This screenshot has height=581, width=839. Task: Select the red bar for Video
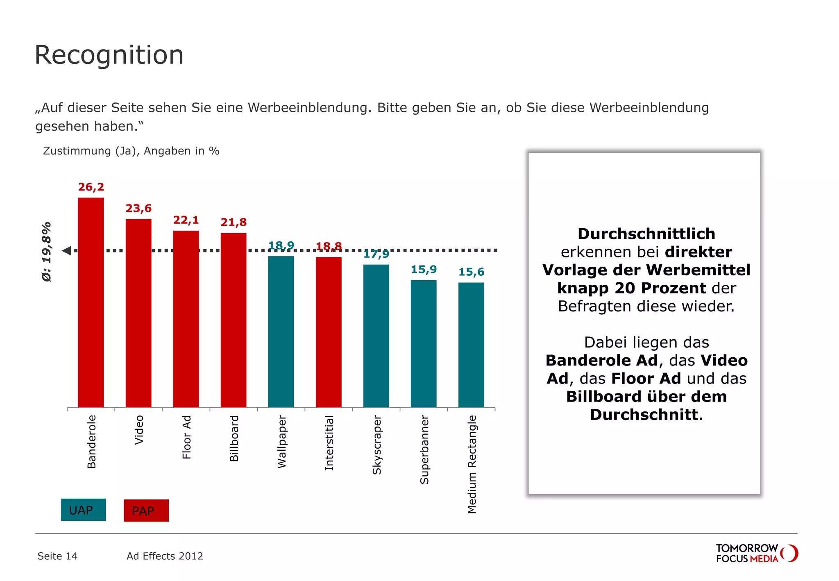pos(138,313)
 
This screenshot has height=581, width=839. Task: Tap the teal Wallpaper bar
pos(281,331)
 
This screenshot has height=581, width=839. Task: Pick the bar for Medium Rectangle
pos(471,345)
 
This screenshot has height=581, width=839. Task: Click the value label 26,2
pos(91,187)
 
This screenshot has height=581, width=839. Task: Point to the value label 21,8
pos(234,222)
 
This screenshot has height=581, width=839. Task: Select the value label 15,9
pos(424,270)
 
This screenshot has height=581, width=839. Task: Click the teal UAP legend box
pos(83,510)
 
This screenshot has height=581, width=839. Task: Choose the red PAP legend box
pos(146,511)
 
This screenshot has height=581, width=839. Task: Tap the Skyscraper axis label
pos(376,445)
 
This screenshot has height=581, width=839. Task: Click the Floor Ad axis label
pos(186,437)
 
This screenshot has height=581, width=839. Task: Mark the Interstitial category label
pos(329,443)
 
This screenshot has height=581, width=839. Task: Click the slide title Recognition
pos(109,55)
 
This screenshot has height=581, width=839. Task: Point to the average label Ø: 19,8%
pos(47,252)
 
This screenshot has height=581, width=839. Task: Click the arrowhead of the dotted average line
pos(67,250)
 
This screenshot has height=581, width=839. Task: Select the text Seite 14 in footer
pos(57,556)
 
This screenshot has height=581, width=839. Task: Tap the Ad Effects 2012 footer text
pos(165,556)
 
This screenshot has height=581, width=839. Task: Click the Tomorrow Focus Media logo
pos(756,554)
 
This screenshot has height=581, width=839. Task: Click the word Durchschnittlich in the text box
pos(646,234)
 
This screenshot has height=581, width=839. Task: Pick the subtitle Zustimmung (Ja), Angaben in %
pos(131,151)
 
